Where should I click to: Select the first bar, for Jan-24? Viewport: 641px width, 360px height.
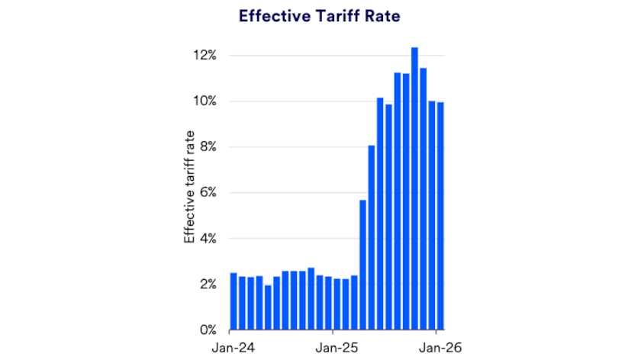pos(234,301)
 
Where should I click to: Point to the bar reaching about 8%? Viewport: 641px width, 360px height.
pos(372,237)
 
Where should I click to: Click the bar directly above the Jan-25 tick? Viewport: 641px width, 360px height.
pos(337,304)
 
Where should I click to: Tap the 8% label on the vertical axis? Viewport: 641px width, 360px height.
pos(205,147)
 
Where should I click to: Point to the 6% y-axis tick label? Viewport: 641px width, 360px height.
pos(205,193)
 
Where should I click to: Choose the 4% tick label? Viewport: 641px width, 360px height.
pos(205,239)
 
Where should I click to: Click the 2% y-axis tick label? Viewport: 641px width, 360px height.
pos(205,284)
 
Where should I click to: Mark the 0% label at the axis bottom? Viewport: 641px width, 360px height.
pos(205,330)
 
